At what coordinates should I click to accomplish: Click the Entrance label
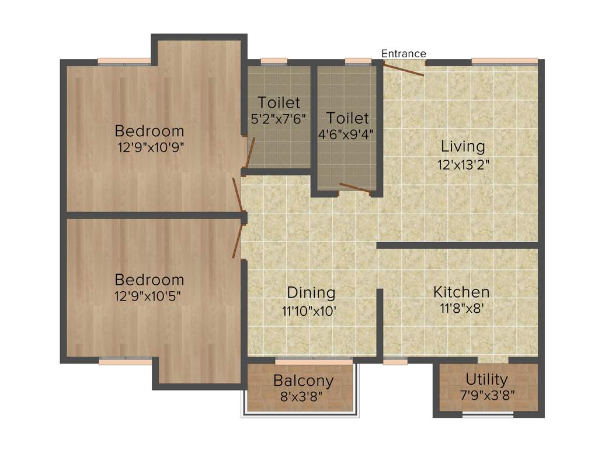point(404,54)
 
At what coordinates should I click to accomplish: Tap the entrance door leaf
point(404,70)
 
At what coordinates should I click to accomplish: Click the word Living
point(463,146)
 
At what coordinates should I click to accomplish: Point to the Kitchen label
point(461,291)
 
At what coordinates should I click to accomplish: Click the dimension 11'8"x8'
point(461,309)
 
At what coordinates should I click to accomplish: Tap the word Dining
point(311,292)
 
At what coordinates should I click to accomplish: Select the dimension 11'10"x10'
point(309,311)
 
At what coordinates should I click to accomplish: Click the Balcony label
point(303,381)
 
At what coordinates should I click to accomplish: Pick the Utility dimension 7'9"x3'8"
point(486,395)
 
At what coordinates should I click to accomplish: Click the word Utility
point(486,379)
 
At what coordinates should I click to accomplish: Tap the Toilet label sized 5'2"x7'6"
point(279,103)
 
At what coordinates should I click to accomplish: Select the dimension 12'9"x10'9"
point(151,147)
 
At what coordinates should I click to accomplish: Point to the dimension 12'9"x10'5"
point(149,296)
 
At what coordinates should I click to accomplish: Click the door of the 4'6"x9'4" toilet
point(354,188)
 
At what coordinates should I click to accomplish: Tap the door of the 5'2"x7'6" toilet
point(250,153)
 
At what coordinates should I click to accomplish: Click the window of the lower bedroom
point(125,361)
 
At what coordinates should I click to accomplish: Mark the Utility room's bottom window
point(488,415)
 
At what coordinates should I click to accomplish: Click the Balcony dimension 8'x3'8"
point(302,396)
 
